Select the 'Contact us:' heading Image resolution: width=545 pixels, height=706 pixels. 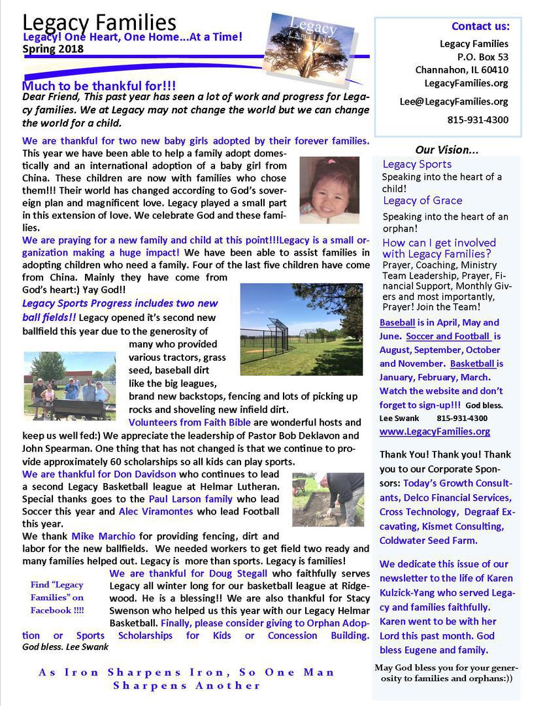480,27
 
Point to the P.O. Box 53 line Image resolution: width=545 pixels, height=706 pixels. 483,57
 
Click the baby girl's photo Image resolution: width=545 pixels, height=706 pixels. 329,190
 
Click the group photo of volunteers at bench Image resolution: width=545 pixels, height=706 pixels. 69,386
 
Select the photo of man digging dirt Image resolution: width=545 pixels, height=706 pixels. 327,499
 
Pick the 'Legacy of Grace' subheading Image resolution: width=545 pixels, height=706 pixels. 422,201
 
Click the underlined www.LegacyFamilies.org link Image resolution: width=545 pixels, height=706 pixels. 435,431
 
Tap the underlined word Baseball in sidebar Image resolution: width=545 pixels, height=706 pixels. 397,323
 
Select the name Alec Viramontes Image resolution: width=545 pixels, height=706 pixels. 157,511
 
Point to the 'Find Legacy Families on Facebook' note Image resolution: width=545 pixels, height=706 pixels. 58,597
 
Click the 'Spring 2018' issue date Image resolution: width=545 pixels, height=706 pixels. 53,49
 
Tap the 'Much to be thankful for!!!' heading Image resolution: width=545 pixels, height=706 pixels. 99,86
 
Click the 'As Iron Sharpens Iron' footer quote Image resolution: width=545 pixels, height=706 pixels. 187,679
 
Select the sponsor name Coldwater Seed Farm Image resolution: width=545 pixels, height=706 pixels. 428,541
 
